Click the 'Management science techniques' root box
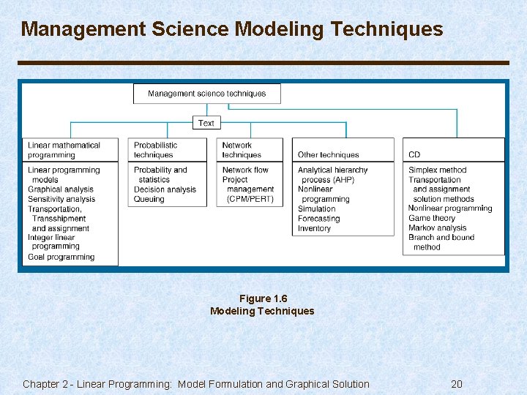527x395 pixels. (206, 94)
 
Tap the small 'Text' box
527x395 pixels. (206, 123)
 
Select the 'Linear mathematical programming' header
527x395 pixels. (64, 150)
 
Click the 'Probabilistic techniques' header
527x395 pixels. (155, 150)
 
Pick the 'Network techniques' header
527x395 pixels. (242, 150)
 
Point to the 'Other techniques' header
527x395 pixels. (328, 155)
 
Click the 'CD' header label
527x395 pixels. (414, 155)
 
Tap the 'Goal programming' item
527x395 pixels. (61, 257)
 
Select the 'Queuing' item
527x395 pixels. (149, 199)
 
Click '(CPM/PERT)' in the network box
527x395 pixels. (250, 199)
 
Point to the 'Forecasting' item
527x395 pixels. (318, 219)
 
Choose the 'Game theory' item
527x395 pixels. (432, 218)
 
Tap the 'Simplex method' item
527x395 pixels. (437, 170)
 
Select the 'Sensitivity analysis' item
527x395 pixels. (61, 199)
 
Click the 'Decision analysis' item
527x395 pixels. (165, 189)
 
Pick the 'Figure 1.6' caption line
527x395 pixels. (263, 298)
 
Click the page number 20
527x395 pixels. (457, 384)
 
